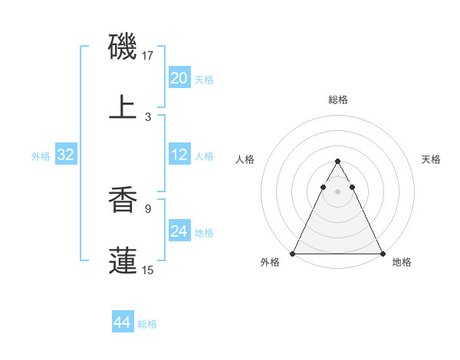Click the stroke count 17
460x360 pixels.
(x=148, y=56)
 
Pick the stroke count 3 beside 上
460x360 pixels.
(x=148, y=116)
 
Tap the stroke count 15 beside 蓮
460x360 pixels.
(x=148, y=269)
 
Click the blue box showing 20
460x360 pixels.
(x=179, y=78)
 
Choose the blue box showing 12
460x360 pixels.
(x=179, y=155)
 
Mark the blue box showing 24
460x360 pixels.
(x=179, y=232)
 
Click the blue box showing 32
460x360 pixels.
(x=66, y=155)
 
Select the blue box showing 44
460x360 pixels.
(x=123, y=323)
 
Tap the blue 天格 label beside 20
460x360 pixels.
(x=204, y=80)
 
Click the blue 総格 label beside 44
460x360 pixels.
(x=147, y=324)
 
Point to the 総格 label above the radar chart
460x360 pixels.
(x=337, y=100)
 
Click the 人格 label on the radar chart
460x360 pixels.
(x=245, y=159)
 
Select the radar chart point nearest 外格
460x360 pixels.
(x=293, y=254)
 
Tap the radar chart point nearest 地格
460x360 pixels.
(x=383, y=254)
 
